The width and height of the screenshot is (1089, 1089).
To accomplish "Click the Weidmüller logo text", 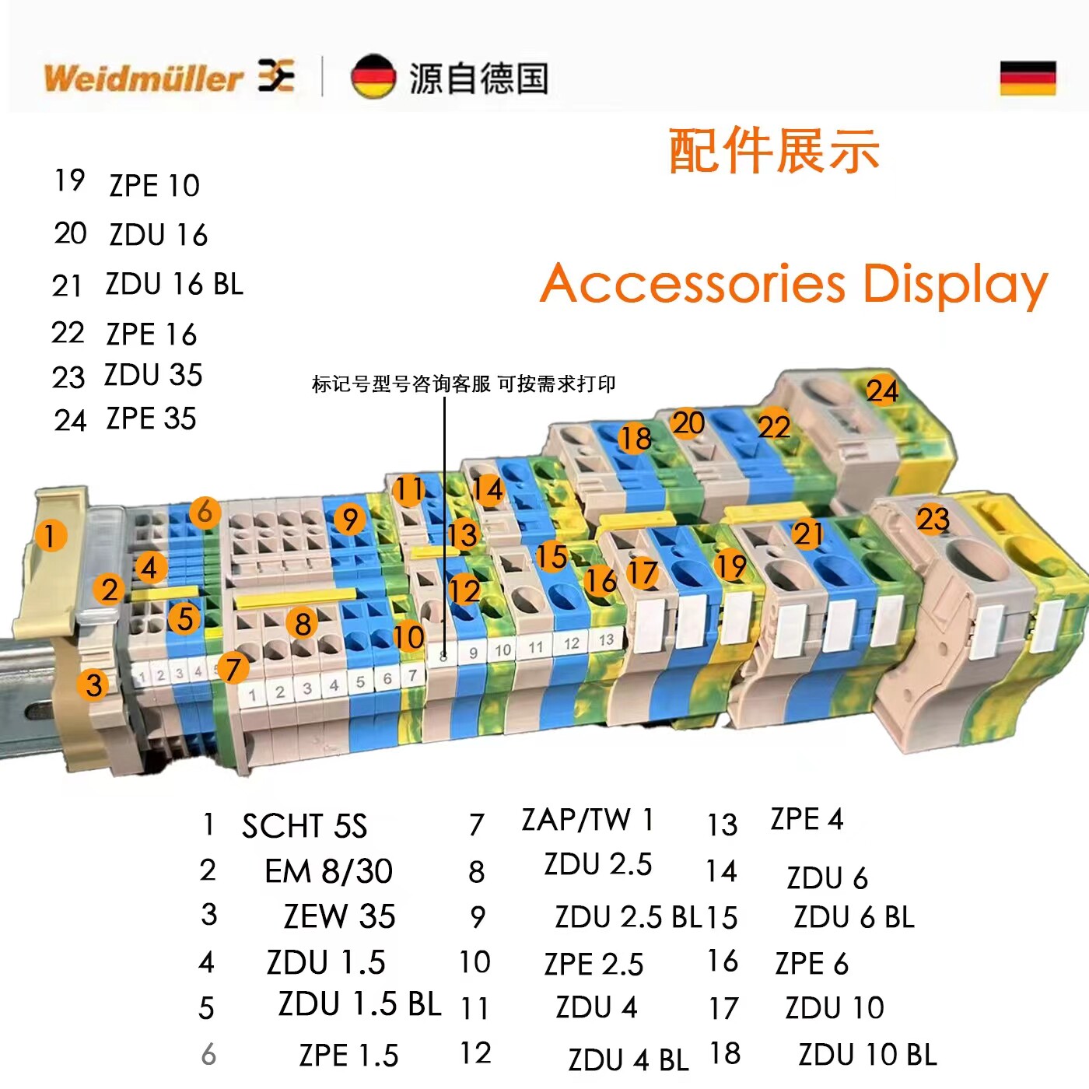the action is (x=144, y=78).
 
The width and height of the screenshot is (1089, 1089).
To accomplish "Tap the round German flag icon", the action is (x=373, y=77).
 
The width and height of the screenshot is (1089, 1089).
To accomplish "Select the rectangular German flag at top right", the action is (x=1028, y=78).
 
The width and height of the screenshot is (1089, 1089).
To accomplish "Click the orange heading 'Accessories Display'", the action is (x=793, y=284).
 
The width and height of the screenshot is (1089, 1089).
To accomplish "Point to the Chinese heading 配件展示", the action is (x=774, y=151).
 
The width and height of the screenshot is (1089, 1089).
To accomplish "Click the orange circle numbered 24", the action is (x=883, y=390).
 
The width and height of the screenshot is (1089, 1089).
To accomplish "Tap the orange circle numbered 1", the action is (x=51, y=536).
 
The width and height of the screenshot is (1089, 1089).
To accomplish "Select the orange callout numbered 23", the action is (x=933, y=519).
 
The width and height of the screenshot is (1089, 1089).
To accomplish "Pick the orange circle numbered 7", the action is (x=233, y=668).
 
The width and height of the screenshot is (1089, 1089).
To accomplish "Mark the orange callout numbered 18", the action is (x=635, y=439).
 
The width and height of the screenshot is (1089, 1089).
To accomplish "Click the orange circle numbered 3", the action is (x=93, y=685).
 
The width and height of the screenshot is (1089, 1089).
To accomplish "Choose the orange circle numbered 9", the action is (x=350, y=520).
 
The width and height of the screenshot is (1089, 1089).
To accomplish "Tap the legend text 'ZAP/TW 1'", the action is (x=587, y=820).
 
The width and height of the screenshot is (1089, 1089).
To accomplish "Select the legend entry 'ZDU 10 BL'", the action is (x=867, y=1055).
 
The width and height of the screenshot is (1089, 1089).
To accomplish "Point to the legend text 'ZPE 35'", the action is (x=151, y=418).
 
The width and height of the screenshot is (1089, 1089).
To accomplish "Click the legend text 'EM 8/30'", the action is (x=328, y=871).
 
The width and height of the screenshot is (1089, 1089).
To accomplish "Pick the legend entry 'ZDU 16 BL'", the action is (x=174, y=284).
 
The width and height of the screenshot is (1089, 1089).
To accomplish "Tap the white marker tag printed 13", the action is (x=606, y=640).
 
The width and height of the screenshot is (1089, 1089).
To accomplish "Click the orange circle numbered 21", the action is (x=807, y=534).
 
